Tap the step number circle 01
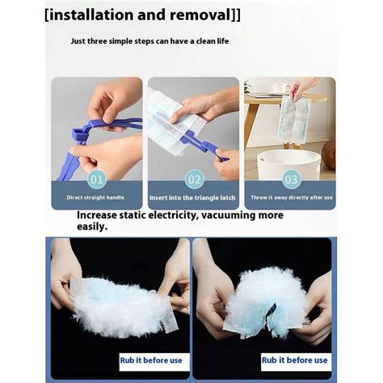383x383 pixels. (96, 178)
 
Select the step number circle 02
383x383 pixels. (194, 178)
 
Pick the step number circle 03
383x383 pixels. (290, 178)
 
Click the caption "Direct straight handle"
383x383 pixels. (96, 196)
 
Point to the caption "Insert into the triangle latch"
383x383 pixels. (193, 196)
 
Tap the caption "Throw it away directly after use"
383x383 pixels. (290, 196)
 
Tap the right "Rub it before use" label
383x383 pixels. (294, 360)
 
